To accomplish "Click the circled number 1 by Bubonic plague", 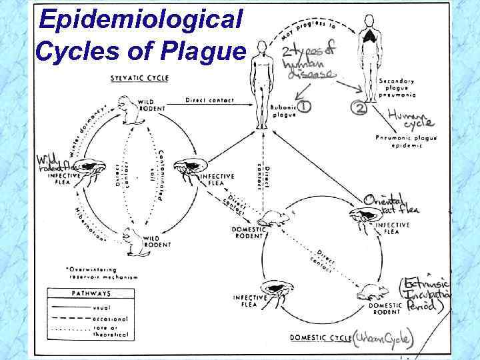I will click(304, 105).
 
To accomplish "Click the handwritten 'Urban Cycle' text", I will click(385, 338).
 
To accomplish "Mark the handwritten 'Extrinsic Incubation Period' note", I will click(427, 293).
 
